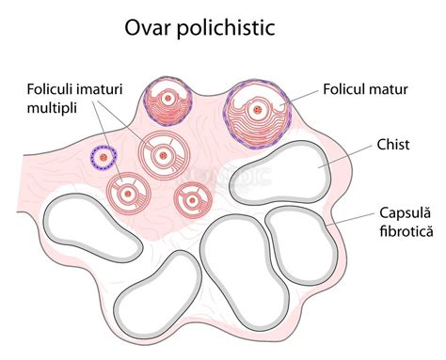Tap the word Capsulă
tap(406, 211)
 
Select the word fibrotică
tap(406, 229)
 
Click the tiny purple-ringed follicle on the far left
tap(100, 157)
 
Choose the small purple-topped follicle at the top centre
tap(168, 98)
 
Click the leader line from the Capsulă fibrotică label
tap(358, 221)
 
